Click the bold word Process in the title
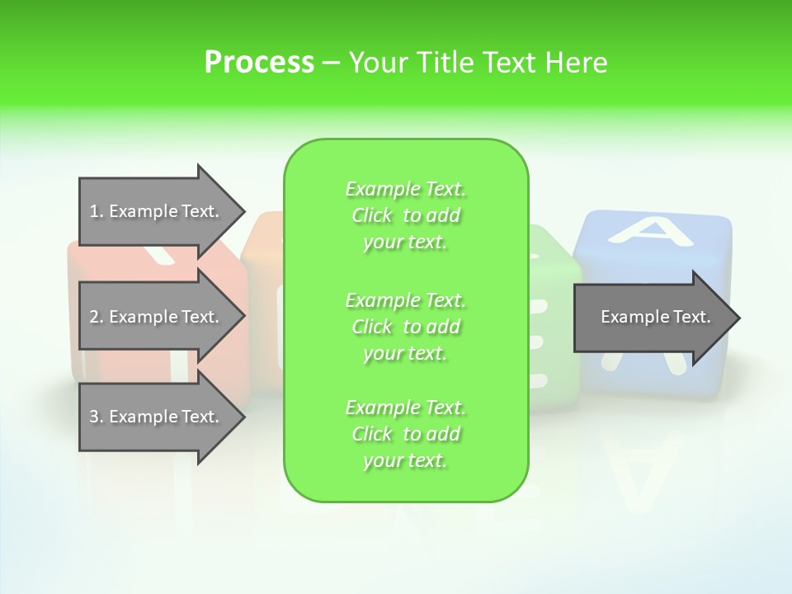tap(259, 63)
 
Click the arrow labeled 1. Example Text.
tap(157, 211)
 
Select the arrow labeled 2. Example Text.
tap(157, 317)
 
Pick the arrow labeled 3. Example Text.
tap(157, 417)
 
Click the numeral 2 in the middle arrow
tap(94, 317)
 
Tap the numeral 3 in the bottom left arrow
tap(94, 417)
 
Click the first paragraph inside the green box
tap(405, 215)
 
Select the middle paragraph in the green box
tap(405, 326)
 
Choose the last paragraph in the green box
tap(405, 434)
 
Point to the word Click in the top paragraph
tap(372, 215)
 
